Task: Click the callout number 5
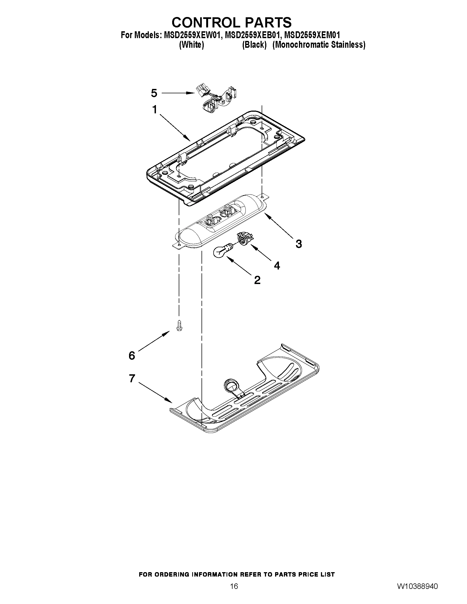click(154, 93)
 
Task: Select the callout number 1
click(155, 110)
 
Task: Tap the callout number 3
click(298, 244)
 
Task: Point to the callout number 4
click(277, 265)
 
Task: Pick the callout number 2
click(257, 280)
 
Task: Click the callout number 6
click(132, 355)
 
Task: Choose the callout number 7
click(132, 378)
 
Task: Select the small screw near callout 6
click(179, 325)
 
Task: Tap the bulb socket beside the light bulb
click(244, 238)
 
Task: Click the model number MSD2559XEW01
click(192, 35)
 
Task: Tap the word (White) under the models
click(191, 45)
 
